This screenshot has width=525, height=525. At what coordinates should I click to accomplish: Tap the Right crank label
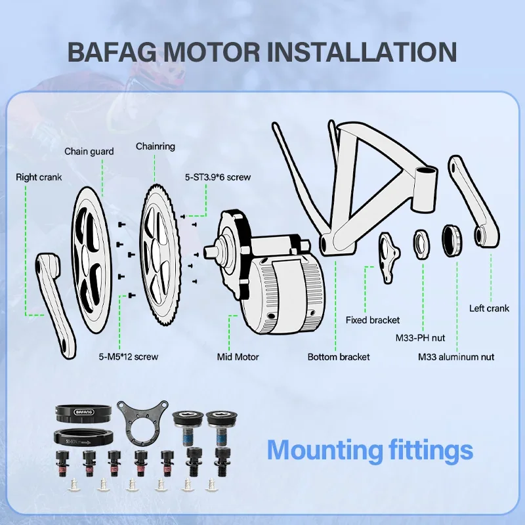pos(39,177)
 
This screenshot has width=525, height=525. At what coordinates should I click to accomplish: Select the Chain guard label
pos(89,152)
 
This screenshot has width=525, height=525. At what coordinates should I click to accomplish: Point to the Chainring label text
pos(155,146)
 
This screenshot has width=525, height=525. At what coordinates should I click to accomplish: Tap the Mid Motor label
pos(238,357)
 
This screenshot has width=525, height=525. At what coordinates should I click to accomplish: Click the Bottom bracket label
pos(339,357)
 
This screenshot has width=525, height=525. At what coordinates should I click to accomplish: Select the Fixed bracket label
pos(373,320)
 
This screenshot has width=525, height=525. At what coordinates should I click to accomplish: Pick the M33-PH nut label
pos(420,338)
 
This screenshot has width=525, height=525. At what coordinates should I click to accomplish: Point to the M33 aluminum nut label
pos(456,357)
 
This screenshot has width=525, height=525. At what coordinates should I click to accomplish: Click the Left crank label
pos(489,308)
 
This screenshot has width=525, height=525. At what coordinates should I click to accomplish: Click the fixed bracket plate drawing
pos(388,259)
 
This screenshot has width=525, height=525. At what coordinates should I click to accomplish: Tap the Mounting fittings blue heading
pos(369,451)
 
